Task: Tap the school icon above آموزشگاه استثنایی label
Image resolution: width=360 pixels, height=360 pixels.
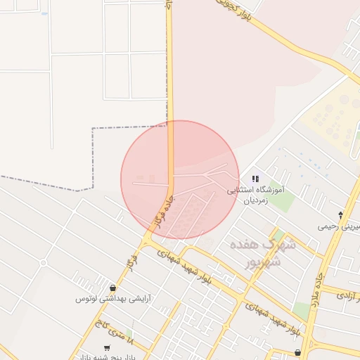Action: tap(255, 179)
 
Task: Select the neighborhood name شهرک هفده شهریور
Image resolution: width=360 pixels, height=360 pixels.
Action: tap(262, 253)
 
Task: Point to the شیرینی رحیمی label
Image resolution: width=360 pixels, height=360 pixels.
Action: tap(340, 226)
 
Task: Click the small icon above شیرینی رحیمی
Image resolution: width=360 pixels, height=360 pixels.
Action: tap(341, 214)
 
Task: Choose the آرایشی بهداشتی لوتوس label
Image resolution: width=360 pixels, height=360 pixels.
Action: tap(113, 298)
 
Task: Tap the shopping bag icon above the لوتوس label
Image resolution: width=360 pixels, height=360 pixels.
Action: tap(112, 288)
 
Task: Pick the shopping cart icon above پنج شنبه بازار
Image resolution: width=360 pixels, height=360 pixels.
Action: tap(107, 347)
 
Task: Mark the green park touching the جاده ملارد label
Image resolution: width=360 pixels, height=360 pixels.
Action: tap(302, 310)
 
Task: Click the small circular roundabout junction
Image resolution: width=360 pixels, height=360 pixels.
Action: tap(43, 263)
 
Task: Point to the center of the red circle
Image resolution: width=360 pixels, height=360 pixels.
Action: tap(180, 179)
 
